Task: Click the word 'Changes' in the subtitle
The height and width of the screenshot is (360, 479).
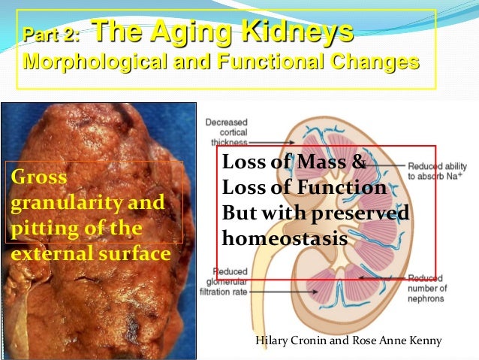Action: (372, 61)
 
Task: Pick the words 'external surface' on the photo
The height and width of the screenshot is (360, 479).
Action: (91, 253)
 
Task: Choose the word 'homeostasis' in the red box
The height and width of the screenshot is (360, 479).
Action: (285, 240)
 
